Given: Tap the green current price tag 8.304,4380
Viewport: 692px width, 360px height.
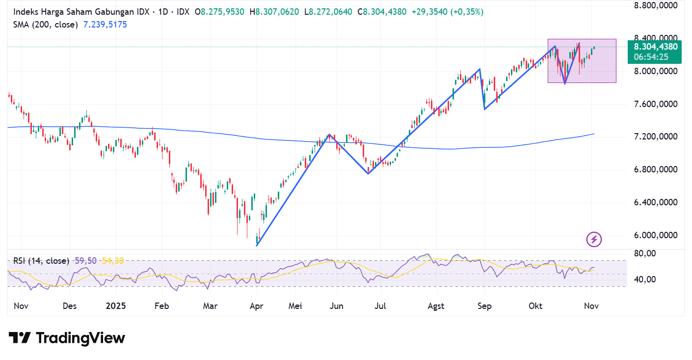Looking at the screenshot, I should [x=655, y=47].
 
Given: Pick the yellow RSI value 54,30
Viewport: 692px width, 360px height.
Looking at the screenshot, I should [x=113, y=261].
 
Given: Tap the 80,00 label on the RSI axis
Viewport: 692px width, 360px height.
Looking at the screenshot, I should [x=644, y=253].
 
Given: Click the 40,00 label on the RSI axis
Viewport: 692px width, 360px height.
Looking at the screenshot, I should [x=644, y=279].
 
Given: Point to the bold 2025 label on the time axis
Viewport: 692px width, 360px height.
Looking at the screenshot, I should [x=116, y=306].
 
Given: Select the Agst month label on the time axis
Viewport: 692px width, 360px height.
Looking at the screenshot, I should [x=436, y=306].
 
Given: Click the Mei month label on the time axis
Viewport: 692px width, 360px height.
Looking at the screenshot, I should [x=295, y=306].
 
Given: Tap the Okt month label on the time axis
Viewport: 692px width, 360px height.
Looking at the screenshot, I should [x=535, y=306].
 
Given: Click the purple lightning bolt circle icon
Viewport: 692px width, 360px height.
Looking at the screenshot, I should [x=594, y=240].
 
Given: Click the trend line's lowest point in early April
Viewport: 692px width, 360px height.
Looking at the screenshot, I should [x=257, y=245].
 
